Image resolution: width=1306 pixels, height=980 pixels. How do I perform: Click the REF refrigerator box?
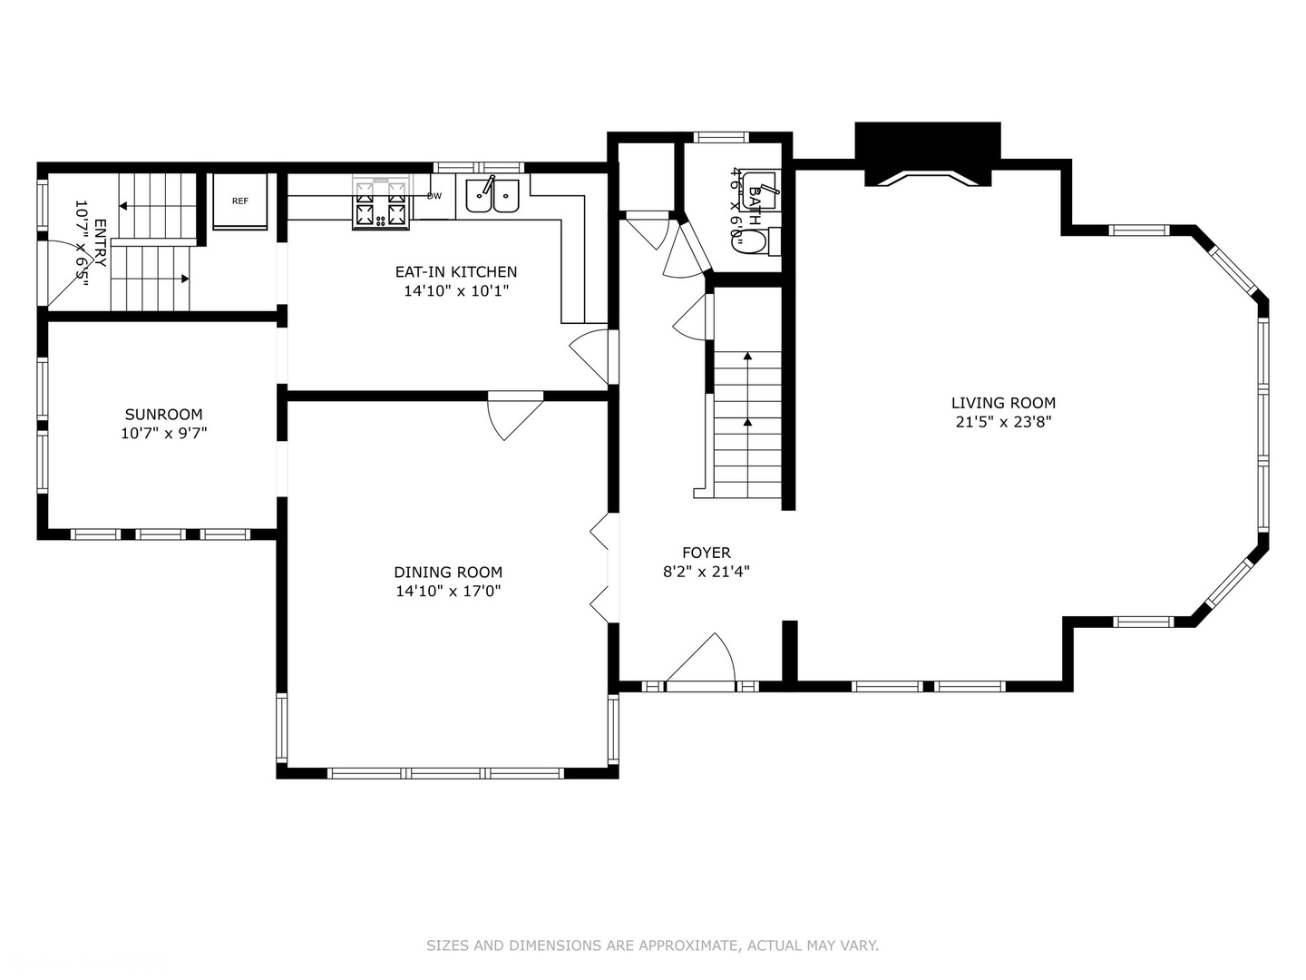pyautogui.click(x=240, y=201)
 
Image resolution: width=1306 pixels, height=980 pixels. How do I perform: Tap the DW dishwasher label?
pyautogui.click(x=434, y=196)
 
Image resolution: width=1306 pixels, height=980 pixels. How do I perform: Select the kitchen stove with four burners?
pyautogui.click(x=382, y=202)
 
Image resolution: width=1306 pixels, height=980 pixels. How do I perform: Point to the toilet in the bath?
pyautogui.click(x=755, y=242)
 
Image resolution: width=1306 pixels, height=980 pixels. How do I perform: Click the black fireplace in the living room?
pyautogui.click(x=928, y=153)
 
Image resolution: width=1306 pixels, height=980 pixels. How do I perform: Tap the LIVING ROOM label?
pyautogui.click(x=1003, y=403)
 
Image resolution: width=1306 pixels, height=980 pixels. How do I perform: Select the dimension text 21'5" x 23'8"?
pyautogui.click(x=1004, y=422)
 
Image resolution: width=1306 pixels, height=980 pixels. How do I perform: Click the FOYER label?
pyautogui.click(x=707, y=553)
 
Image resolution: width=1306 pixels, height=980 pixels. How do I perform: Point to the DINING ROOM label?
pyautogui.click(x=448, y=572)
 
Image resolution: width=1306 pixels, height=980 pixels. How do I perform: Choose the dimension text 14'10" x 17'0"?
pyautogui.click(x=449, y=591)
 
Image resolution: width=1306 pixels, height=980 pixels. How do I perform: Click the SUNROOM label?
pyautogui.click(x=163, y=414)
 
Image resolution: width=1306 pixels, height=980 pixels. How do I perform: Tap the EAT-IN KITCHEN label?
pyautogui.click(x=456, y=272)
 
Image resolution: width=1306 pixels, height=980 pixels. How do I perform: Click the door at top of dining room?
pyautogui.click(x=515, y=416)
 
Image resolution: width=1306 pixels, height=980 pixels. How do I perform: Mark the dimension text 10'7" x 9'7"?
pyautogui.click(x=163, y=433)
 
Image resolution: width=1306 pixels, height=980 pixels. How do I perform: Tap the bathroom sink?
pyautogui.click(x=760, y=191)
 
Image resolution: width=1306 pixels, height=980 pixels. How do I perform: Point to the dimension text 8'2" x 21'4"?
pyautogui.click(x=707, y=572)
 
